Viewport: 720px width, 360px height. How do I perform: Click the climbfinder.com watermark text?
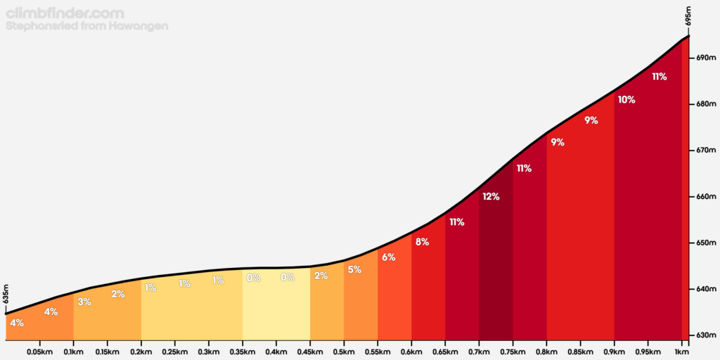65,13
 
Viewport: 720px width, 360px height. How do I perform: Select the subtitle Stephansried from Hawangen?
86,26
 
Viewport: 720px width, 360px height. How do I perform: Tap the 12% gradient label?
491,197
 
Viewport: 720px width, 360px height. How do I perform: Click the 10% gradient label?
626,100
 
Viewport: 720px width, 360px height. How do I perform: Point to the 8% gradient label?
422,242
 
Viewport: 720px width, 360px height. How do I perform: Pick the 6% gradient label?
388,257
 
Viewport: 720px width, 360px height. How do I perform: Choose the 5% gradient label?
354,269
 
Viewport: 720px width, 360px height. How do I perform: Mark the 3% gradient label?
84,302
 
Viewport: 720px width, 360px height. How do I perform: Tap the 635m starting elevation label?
6,293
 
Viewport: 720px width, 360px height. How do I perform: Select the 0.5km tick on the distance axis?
344,352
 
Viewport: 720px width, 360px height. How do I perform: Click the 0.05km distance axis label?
39,352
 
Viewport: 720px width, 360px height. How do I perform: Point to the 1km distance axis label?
681,352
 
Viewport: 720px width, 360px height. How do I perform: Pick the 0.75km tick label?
513,352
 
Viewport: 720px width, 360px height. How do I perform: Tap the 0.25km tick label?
174,352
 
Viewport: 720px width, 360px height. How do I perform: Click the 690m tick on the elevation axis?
705,58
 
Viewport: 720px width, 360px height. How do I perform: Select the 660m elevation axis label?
705,197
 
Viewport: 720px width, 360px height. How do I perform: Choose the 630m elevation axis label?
705,335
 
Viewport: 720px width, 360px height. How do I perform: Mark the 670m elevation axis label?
705,150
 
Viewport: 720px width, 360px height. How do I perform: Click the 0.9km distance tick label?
614,352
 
